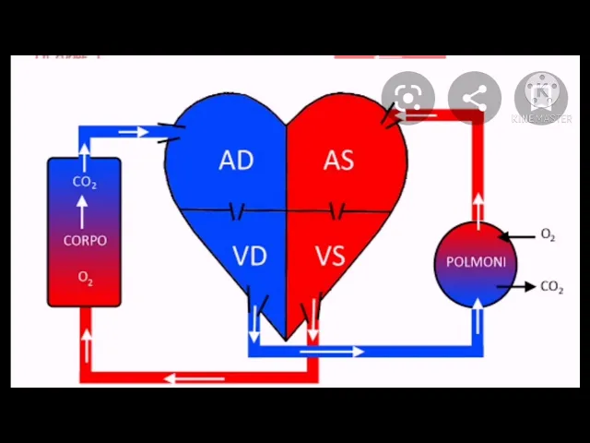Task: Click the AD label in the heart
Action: coord(236,161)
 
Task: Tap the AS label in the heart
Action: coord(338,161)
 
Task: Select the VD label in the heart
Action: coord(250,256)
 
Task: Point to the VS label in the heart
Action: coord(330,256)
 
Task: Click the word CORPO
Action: coord(85,241)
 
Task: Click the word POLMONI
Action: coord(476,261)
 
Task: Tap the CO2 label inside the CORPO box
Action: coord(85,183)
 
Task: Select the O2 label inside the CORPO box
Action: coord(85,278)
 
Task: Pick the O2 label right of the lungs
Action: coord(548,236)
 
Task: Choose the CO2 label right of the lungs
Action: coord(551,288)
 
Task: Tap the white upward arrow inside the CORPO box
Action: coord(84,213)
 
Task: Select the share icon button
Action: coord(475,98)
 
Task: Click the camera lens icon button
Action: coord(407,98)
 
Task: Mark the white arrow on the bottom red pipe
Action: coord(195,377)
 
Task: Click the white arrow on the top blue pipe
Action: coord(135,132)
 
